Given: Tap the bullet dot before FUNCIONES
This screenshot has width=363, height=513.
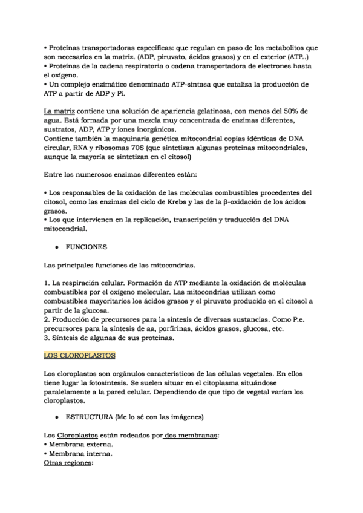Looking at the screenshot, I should click(56, 247).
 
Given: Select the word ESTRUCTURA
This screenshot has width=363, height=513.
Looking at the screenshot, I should click(94, 417).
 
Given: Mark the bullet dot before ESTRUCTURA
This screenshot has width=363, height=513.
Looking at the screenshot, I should click(56, 417).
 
